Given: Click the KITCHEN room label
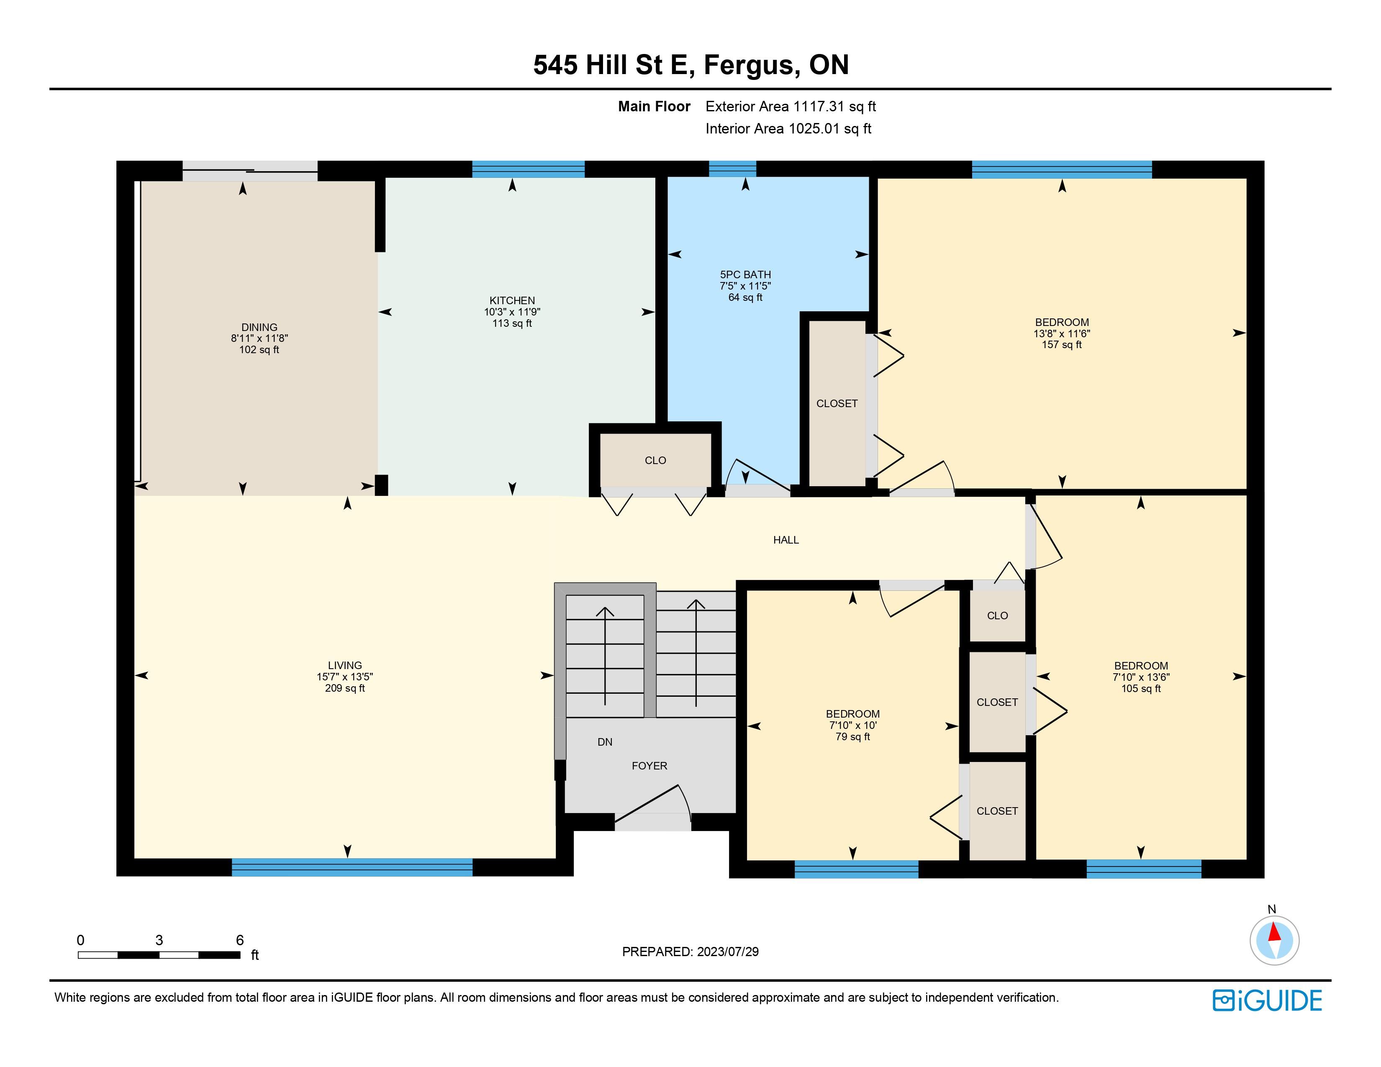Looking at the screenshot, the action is point(512,300).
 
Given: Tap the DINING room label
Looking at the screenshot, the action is point(259,328).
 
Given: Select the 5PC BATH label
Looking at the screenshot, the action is point(745,274).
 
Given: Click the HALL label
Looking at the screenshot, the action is point(786,540).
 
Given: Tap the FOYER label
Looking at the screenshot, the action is point(649,765).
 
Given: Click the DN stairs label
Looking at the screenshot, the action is point(605,742).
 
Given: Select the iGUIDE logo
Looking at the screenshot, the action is point(1267,1000).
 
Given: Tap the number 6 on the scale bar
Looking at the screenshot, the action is point(240,940).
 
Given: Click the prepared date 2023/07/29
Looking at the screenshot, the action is point(728,952).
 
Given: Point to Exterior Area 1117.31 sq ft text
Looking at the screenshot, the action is point(791,106).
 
